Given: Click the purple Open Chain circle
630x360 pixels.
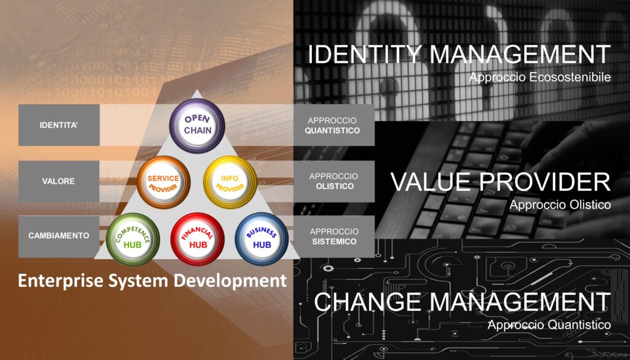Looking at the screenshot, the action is tap(197, 126).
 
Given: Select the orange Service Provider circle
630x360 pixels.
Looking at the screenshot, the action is tap(164, 182).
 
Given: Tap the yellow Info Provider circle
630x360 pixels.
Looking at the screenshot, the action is tap(230, 182).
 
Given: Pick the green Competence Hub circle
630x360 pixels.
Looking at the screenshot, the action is tap(133, 239).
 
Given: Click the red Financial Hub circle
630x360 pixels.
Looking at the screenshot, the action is tap(197, 239).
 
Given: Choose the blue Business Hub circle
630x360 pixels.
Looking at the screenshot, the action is tap(261, 239).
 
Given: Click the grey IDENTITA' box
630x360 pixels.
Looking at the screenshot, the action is tap(59, 125).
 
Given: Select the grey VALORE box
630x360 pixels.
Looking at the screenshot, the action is tap(59, 181).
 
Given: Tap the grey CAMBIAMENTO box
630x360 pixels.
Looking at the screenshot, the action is tap(59, 236).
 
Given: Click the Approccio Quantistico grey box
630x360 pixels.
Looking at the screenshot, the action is tap(334, 125).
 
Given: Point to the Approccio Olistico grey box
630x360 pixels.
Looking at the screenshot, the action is tap(334, 181).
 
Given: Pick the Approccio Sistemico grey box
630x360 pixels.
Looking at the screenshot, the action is tap(334, 237).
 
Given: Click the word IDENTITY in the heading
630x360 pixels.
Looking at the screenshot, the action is tap(364, 54).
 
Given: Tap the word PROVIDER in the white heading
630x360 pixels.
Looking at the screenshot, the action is tap(545, 182).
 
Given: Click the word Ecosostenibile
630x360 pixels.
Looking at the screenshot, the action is tap(570, 77).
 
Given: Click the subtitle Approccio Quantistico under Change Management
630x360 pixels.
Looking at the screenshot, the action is tap(549, 325).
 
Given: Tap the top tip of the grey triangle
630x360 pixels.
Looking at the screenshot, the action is tap(196, 90).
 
